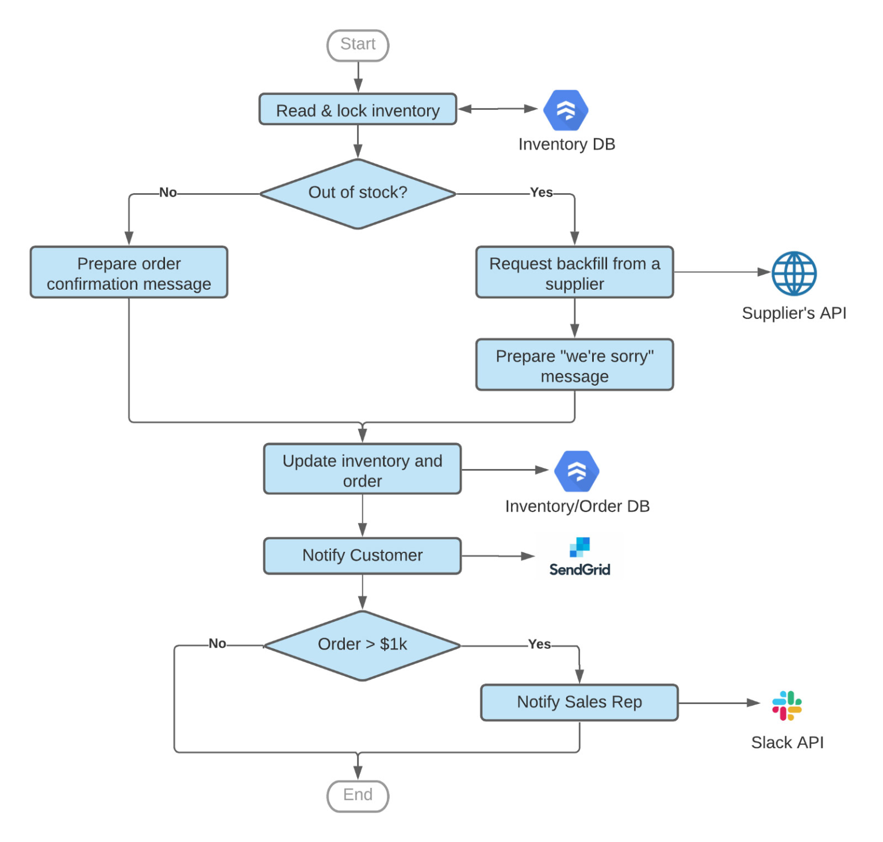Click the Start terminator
[x=358, y=45]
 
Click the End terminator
[x=358, y=795]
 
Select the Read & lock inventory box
[x=358, y=110]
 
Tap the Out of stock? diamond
[x=358, y=194]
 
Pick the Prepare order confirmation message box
[x=129, y=273]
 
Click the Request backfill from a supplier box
[x=574, y=273]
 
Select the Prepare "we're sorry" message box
[x=574, y=366]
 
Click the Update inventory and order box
[x=362, y=470]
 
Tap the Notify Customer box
[x=362, y=556]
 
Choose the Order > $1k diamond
[x=362, y=645]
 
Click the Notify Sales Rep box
[x=579, y=702]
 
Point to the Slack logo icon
[x=786, y=706]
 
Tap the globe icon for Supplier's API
[x=794, y=274]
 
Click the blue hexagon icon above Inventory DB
[x=566, y=110]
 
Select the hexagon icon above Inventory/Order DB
[x=577, y=471]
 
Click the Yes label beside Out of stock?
[x=541, y=193]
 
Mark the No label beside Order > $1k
[x=217, y=644]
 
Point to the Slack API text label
[x=787, y=743]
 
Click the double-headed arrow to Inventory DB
[x=498, y=109]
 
